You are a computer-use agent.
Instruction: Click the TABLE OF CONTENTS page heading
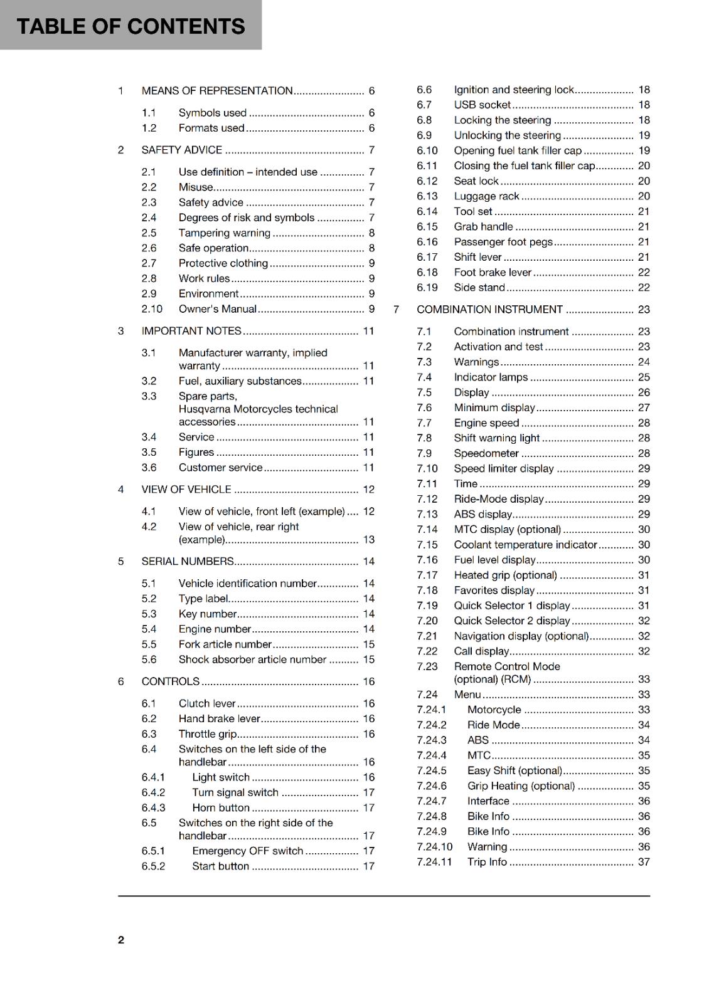click(131, 26)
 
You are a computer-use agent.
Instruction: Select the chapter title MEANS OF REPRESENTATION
click(217, 91)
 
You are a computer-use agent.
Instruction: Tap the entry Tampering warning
click(224, 233)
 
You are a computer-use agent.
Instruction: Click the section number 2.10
click(152, 309)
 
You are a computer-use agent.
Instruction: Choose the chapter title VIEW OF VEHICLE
click(186, 490)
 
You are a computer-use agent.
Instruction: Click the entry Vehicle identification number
click(247, 584)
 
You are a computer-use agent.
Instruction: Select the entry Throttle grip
click(207, 734)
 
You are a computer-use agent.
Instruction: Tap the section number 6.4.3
click(153, 808)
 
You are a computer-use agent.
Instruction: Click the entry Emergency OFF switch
click(247, 851)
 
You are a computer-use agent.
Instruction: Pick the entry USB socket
click(482, 105)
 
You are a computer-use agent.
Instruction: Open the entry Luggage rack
click(486, 196)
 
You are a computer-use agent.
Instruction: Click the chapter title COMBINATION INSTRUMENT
click(489, 310)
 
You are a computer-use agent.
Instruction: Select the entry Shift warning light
click(496, 438)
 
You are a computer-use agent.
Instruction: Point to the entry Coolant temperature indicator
click(525, 545)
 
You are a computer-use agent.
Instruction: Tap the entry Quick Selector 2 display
click(511, 621)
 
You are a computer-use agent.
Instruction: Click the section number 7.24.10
click(434, 847)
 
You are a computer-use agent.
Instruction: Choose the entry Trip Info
click(487, 862)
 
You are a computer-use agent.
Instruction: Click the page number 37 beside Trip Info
click(644, 862)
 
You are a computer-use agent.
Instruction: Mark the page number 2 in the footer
click(121, 940)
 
